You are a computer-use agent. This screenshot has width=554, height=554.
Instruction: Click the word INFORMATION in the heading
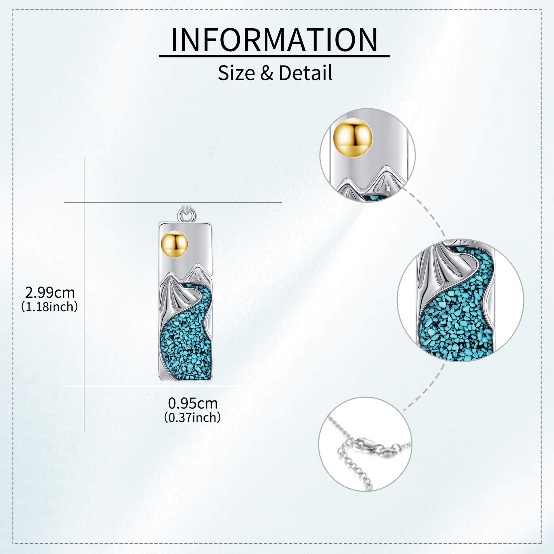point(274,40)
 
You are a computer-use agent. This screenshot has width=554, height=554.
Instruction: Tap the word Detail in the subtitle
point(305,73)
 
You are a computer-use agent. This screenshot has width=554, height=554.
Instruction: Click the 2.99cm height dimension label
point(50,292)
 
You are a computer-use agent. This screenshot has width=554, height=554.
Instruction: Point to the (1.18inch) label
point(50,307)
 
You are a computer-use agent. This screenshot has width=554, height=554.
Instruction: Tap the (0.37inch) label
point(192,417)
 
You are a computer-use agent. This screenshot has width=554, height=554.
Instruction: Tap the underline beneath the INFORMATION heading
point(274,56)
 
